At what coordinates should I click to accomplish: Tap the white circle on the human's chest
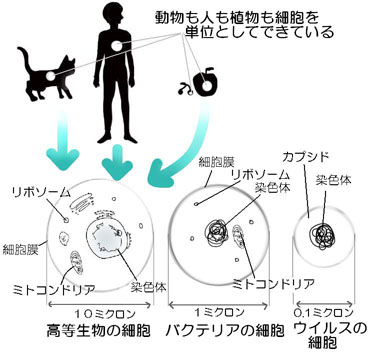[118, 46]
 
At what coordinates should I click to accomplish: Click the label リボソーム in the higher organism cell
[37, 192]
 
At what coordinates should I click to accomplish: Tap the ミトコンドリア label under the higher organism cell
[54, 289]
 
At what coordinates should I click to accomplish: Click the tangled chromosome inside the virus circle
[322, 237]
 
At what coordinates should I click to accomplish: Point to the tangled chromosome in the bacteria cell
[217, 232]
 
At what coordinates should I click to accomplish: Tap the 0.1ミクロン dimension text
[324, 313]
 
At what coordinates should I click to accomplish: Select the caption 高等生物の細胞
[98, 331]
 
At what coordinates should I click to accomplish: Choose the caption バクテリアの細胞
[226, 331]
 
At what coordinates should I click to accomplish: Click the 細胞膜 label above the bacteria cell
[217, 162]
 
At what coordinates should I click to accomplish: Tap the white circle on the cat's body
[50, 76]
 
